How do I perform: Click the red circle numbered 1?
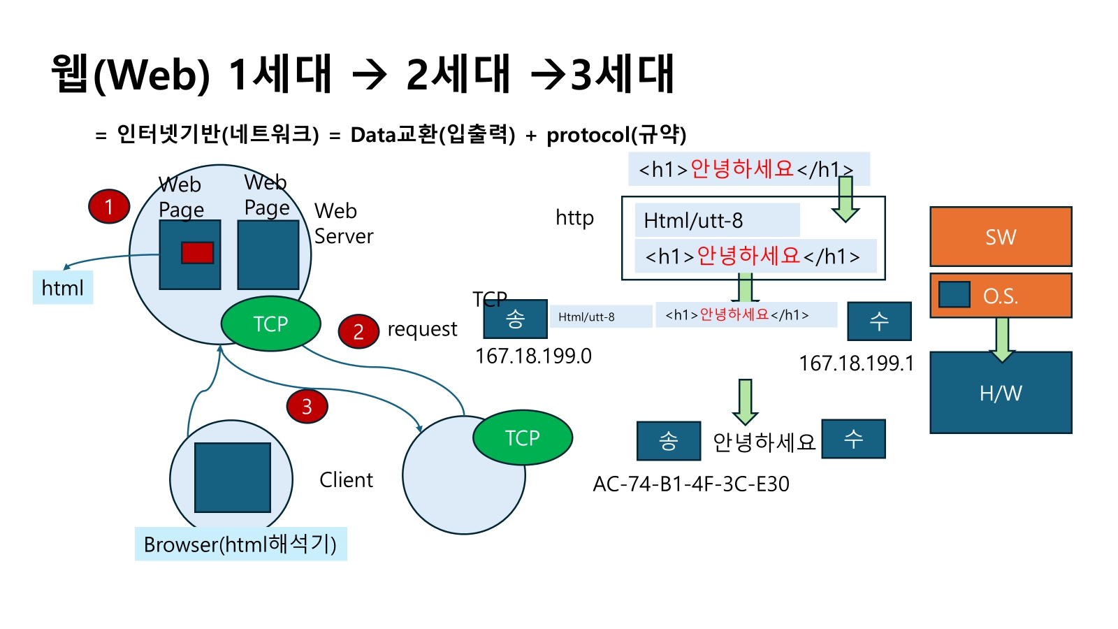click(x=109, y=206)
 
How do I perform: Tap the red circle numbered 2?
click(x=358, y=331)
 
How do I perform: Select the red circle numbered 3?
click(x=307, y=406)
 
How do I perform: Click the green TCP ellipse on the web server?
click(x=270, y=324)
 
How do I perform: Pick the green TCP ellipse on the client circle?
click(x=523, y=438)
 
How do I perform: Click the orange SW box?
click(x=1001, y=236)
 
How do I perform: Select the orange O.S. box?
click(x=1001, y=296)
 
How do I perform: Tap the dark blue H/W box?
click(x=1001, y=393)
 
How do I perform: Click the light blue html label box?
click(x=63, y=287)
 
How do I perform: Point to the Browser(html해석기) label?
click(x=240, y=544)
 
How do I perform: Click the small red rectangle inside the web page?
click(x=197, y=252)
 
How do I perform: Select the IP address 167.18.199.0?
click(x=533, y=356)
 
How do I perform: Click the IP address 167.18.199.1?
click(x=856, y=363)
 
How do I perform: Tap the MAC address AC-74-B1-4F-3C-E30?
click(x=691, y=484)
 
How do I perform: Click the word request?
click(x=422, y=329)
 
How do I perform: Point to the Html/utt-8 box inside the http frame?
click(x=717, y=220)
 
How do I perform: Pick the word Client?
click(x=346, y=480)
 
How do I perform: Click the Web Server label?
click(x=343, y=224)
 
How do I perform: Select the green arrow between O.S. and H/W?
click(x=1002, y=339)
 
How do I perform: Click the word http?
click(x=574, y=218)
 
